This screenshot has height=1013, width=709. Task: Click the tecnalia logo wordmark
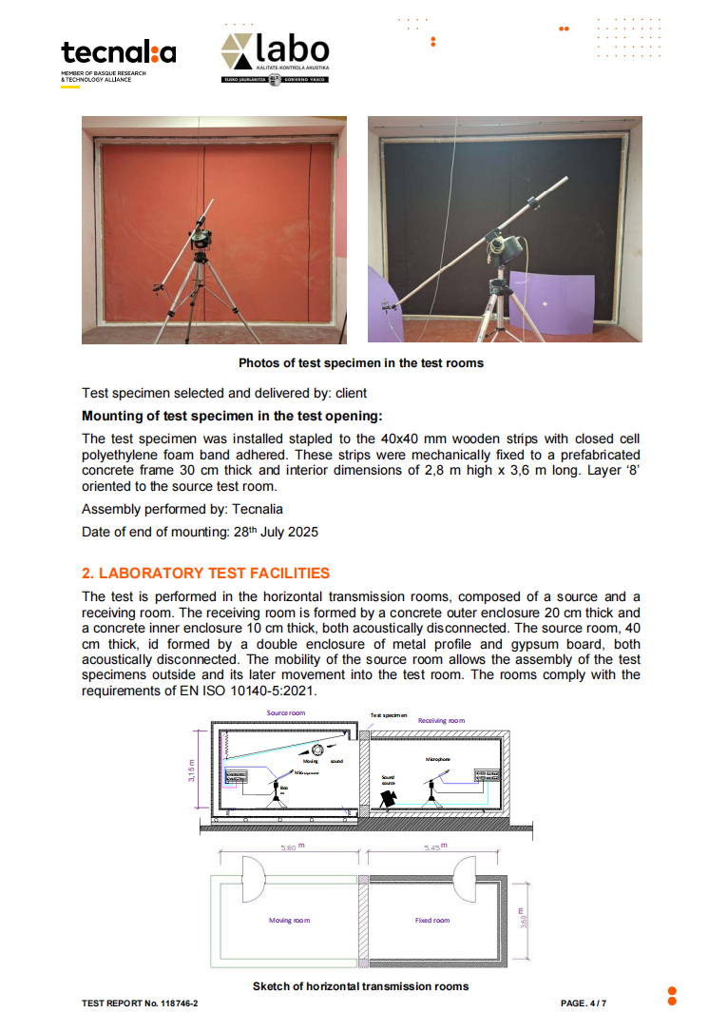(119, 53)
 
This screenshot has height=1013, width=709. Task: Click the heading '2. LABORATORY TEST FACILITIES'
(205, 573)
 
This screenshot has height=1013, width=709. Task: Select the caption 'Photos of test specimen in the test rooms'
(361, 362)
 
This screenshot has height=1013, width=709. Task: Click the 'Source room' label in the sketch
(285, 712)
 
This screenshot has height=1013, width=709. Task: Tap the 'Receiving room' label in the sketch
(441, 720)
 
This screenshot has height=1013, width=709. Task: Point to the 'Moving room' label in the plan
(290, 920)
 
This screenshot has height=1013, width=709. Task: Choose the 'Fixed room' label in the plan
(432, 920)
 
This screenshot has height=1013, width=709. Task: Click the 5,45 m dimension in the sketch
(432, 846)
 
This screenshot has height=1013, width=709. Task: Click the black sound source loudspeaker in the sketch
(388, 800)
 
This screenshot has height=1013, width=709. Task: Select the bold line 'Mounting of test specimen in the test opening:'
(233, 416)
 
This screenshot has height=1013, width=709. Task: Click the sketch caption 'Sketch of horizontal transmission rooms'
(360, 986)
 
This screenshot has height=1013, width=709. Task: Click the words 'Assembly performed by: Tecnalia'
(182, 509)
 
